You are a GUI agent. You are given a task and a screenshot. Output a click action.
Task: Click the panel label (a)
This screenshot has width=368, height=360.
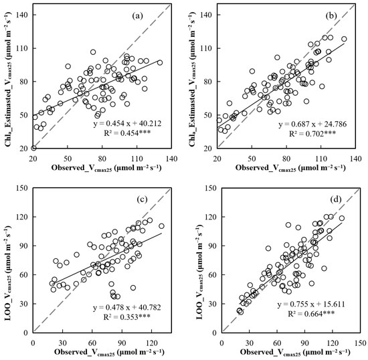coord(138,15)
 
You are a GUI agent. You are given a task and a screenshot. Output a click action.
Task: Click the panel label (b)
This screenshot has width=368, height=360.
coord(331,15)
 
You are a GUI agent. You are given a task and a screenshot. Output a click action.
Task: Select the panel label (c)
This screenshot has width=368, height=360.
coord(142,199)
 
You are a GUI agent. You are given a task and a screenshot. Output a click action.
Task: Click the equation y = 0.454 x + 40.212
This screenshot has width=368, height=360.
coord(127,123)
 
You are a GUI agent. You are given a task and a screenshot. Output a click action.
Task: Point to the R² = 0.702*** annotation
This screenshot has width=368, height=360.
coord(312,133)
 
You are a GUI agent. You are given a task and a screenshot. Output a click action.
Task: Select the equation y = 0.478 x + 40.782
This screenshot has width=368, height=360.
coord(127,307)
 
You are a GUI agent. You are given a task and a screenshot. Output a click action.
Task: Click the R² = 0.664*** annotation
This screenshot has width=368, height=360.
coord(311,314)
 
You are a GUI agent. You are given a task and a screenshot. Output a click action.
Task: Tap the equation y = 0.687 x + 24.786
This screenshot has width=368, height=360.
coord(312,124)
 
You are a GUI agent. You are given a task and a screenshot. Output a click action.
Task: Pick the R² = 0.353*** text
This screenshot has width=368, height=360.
coord(127,317)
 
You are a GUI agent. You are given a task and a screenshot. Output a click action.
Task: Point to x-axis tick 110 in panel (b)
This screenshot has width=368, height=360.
coord(320,159)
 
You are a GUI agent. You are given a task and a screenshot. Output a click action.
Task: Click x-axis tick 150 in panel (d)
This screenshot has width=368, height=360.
coord(360,343)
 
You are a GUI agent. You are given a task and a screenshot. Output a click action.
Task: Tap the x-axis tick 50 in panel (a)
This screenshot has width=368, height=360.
coord(68,159)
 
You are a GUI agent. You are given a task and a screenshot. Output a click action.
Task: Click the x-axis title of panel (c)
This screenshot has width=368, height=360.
coord(109,352)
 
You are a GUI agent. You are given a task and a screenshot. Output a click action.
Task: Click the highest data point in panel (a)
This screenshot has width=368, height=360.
coord(93,52)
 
